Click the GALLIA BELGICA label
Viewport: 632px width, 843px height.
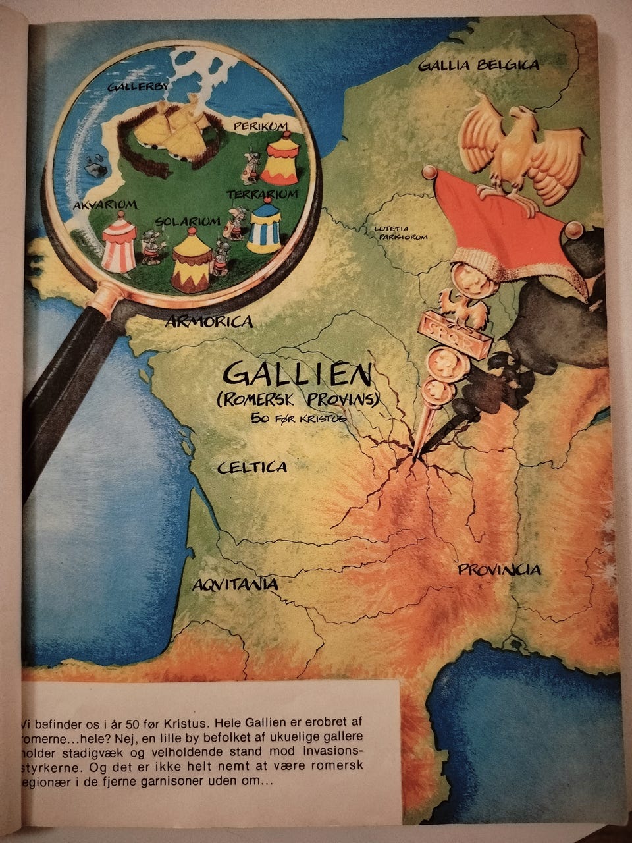coord(479,65)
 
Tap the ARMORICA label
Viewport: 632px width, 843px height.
coord(209,321)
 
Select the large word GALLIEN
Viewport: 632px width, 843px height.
coord(296,375)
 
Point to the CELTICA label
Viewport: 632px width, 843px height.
coord(252,467)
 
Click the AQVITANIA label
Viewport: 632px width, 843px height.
coord(235,584)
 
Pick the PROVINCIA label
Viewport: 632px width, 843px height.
coord(500,570)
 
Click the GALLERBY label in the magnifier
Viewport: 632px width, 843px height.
coord(138,86)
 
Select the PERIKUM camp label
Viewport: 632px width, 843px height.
coord(262,125)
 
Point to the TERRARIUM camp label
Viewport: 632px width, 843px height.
coord(262,194)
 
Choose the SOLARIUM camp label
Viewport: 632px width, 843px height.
coord(188,221)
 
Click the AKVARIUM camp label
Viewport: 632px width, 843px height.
coord(105,204)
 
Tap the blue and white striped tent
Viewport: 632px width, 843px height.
coord(264,227)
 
